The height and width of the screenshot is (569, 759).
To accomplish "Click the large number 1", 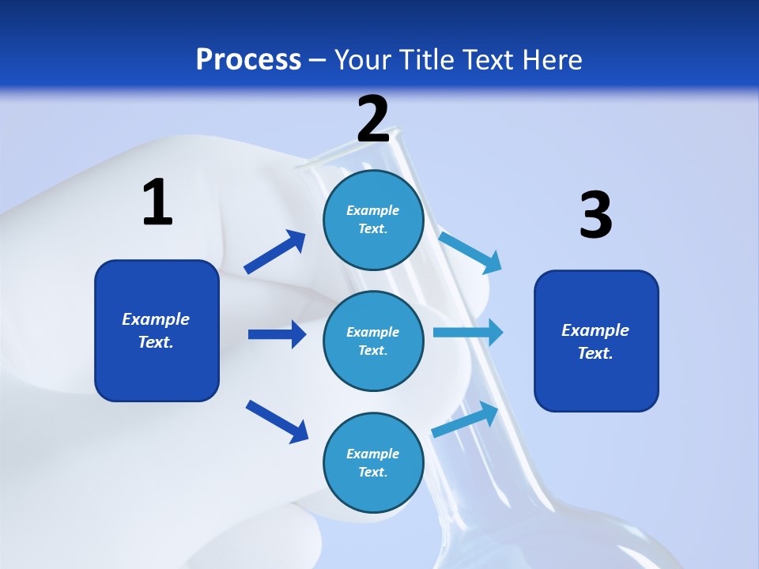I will coord(157,202).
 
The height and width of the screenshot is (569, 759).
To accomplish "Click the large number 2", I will coord(373,119).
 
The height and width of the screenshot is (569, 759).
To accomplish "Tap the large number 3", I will coord(595,215).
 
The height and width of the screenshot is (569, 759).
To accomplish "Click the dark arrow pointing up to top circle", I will coord(274,252).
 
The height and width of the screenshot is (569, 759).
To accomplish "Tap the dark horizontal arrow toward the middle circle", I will coord(277,334).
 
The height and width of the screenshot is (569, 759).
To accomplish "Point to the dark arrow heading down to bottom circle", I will coord(277,420).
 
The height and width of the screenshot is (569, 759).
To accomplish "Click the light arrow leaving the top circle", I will coord(470,252).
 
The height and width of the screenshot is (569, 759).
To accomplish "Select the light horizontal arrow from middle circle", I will coord(467,333).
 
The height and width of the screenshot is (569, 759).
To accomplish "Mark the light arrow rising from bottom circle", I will coord(466,419).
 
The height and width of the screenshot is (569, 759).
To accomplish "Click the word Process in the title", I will coord(248,59).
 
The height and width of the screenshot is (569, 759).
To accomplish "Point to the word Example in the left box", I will coord(156,319).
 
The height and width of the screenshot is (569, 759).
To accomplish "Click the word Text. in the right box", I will coord(595,353).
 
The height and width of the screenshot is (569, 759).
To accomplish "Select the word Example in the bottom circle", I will coord(373,454).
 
